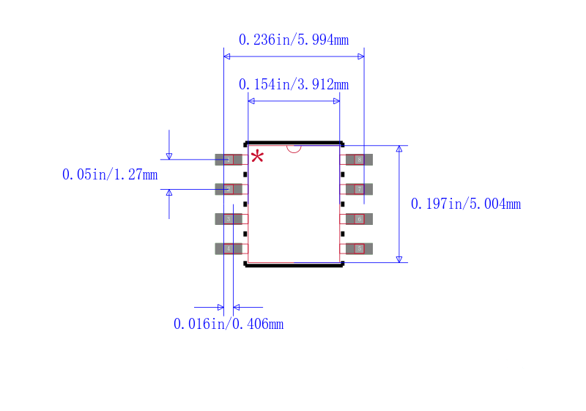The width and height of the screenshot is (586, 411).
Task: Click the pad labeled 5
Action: [x=359, y=248]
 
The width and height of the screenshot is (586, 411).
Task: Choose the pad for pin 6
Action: [x=359, y=219]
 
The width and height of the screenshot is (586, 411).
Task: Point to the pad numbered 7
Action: [x=359, y=189]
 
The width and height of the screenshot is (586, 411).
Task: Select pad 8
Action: [x=359, y=160]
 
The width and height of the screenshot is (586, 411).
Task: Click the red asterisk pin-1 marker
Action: [x=257, y=156]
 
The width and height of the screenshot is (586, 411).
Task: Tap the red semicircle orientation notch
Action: [x=294, y=149]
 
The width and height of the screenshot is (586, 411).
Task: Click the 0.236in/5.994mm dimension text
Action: [x=294, y=40]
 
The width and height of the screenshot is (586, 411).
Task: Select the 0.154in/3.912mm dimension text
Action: [x=294, y=85]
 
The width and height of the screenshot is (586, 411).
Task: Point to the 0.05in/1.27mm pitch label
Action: [x=110, y=174]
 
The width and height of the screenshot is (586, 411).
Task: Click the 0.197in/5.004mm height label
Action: [x=466, y=204]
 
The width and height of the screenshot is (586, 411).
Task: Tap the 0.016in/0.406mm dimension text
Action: [x=229, y=324]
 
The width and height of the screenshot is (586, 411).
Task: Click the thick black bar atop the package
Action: [x=294, y=143]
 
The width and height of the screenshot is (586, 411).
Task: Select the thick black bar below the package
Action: [x=294, y=265]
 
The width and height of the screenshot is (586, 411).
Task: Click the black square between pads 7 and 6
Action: [x=343, y=204]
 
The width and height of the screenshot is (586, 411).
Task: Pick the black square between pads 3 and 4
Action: [x=245, y=234]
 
